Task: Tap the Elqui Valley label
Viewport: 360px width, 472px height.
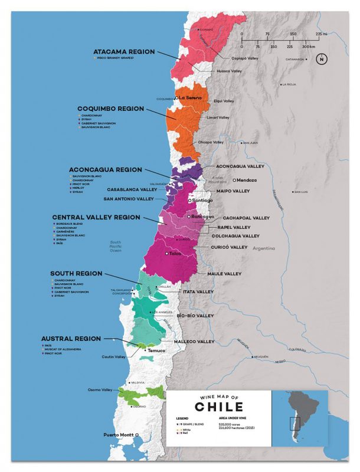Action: [x=224, y=101]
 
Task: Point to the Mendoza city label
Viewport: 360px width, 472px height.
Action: [x=247, y=180]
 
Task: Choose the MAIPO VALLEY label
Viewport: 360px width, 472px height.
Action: [x=233, y=191]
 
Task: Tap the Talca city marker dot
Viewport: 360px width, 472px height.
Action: [x=167, y=253]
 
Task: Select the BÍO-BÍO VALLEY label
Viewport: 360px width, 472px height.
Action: [x=195, y=316]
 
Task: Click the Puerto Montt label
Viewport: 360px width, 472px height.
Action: [x=119, y=435]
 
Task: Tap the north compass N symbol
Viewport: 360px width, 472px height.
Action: [x=321, y=59]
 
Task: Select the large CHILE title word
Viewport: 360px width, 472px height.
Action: [x=218, y=408]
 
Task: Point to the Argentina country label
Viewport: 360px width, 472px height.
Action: [x=263, y=248]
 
